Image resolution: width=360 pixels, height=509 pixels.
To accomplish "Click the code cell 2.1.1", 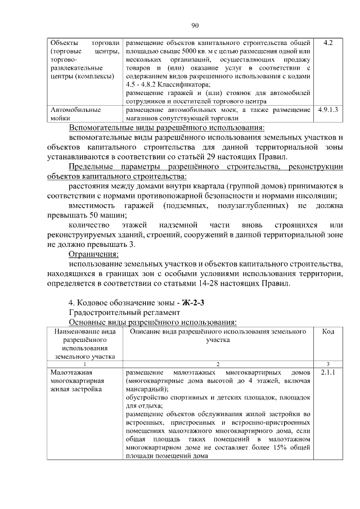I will [x=328, y=372].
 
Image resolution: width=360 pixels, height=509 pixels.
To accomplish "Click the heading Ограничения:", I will [x=90, y=254].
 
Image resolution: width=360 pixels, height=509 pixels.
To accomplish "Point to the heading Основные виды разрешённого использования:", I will [x=152, y=322].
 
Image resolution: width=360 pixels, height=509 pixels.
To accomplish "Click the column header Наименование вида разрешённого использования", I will [x=85, y=344].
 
